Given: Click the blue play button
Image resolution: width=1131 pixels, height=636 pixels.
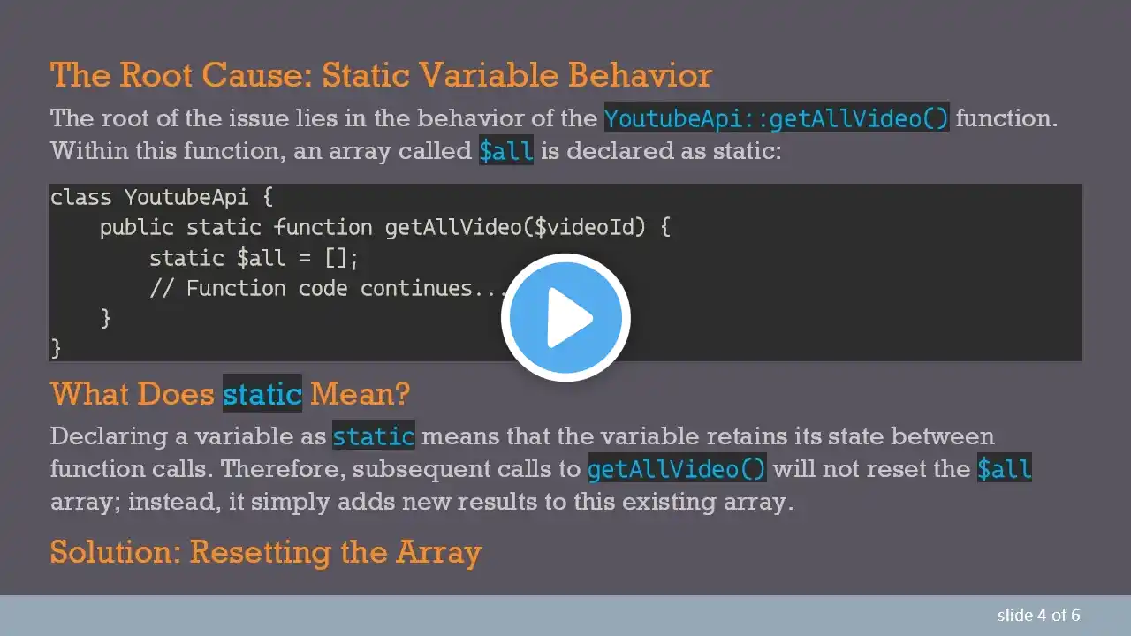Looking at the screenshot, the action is click(x=565, y=317).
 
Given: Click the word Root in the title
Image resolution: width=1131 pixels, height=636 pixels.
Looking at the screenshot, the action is click(x=156, y=75).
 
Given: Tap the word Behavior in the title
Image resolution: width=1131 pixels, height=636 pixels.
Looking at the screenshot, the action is click(x=640, y=75).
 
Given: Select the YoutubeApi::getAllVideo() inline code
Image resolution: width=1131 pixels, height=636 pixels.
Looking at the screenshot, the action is click(x=777, y=117).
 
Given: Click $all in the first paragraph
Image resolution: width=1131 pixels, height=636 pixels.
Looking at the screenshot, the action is click(x=506, y=150).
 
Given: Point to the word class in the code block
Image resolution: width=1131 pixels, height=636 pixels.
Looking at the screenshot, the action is click(x=80, y=197).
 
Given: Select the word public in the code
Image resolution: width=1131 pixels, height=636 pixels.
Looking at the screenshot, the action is click(x=136, y=228).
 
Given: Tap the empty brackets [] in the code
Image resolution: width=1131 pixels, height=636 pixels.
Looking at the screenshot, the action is click(x=336, y=259).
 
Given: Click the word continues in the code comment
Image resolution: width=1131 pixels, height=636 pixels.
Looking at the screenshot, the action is click(x=415, y=288).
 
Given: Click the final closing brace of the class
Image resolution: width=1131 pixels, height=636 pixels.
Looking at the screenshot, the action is click(x=56, y=348).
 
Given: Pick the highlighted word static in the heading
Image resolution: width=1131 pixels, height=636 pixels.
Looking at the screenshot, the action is click(x=262, y=393).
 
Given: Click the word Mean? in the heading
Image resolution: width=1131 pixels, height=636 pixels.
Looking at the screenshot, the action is click(x=360, y=393).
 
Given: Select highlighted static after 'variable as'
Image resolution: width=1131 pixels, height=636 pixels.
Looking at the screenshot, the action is click(x=374, y=435).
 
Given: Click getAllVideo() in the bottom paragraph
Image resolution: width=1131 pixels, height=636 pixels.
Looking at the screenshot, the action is click(x=677, y=468).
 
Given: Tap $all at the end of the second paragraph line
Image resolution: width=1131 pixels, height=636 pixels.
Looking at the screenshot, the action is click(x=1004, y=468).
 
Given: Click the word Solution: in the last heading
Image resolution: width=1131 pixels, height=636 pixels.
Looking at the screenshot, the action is click(x=116, y=552).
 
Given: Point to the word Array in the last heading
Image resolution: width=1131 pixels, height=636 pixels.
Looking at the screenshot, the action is click(x=438, y=553).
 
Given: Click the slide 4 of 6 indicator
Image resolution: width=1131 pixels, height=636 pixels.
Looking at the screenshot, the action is click(x=1038, y=616).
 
